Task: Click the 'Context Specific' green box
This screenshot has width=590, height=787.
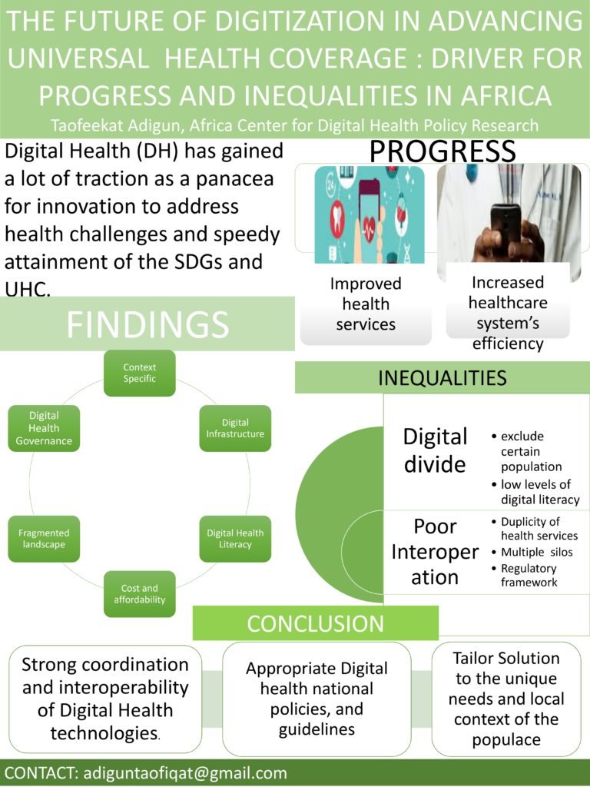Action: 140,373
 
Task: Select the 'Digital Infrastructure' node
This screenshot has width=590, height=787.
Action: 235,428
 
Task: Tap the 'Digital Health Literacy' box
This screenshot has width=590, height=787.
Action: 235,539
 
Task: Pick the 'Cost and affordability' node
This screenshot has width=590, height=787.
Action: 140,594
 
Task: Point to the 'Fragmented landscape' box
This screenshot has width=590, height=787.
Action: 44,539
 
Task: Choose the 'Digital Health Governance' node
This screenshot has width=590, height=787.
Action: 44,428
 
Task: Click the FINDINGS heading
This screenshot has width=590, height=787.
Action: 147,324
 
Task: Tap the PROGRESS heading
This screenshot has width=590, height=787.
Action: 442,151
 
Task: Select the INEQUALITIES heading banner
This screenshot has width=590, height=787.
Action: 442,377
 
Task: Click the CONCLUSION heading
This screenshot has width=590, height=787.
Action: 316,623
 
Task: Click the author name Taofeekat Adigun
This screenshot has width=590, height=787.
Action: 117,125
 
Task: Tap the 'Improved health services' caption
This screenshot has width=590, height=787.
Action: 366,304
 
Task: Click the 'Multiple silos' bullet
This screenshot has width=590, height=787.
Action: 537,552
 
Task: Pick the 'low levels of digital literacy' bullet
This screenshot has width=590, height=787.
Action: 535,492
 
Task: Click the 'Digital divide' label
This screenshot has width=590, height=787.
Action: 435,450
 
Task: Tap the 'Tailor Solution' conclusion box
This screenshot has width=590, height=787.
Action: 506,699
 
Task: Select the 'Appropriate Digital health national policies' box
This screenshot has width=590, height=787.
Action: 317,699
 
